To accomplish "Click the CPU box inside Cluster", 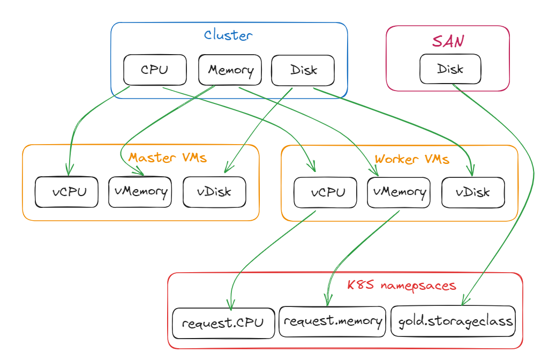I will [x=155, y=70].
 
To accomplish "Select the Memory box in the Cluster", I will [x=230, y=70].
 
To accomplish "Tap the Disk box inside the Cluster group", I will [x=303, y=70].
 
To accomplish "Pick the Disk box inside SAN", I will [x=450, y=69].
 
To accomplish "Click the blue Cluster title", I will [x=228, y=36].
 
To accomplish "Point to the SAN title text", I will [x=448, y=42].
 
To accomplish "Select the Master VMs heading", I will [x=168, y=158].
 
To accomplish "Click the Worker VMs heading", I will [x=411, y=159].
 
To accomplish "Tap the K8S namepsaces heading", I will [x=402, y=285].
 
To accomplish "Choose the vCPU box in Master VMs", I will [x=67, y=192].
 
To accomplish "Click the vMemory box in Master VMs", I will [x=140, y=191].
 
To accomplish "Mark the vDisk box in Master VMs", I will [x=214, y=191].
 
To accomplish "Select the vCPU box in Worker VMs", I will [x=326, y=192].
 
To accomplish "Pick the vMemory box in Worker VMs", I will [x=399, y=192].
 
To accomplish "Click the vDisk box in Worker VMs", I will [x=473, y=192].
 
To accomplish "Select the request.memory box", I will [x=333, y=321].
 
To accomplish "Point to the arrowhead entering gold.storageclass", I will [x=465, y=301].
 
